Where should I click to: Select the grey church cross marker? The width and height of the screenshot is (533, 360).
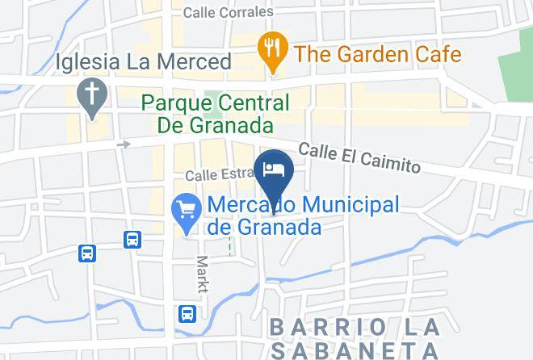tap(90, 95)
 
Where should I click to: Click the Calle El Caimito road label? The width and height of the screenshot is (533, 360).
tap(359, 158)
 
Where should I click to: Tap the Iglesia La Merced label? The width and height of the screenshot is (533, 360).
tap(144, 61)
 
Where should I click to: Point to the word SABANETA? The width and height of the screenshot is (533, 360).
tap(355, 351)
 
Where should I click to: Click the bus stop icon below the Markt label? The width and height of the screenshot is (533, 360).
tap(187, 312)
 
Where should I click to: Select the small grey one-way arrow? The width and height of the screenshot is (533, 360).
tap(124, 144)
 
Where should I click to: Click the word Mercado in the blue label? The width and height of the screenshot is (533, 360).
tap(245, 205)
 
